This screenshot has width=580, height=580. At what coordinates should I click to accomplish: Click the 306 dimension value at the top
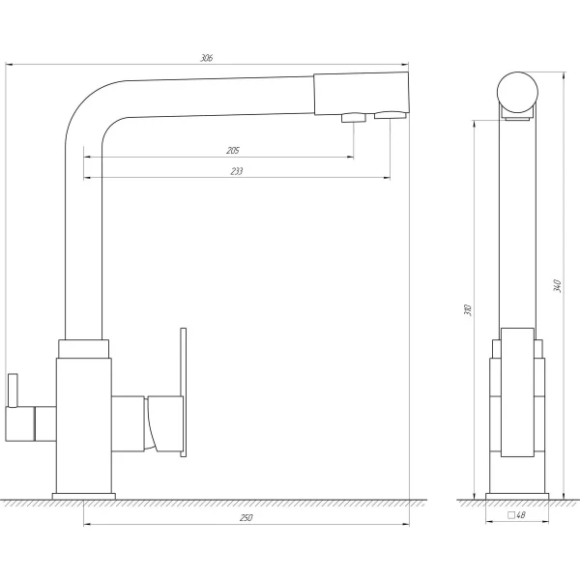(207, 58)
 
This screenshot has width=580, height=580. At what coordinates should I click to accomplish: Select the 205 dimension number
(233, 151)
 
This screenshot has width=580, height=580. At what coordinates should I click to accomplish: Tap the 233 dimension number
(237, 171)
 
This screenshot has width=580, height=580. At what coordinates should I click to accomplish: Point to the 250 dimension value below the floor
(246, 518)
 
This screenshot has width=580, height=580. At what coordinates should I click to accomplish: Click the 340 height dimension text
(557, 286)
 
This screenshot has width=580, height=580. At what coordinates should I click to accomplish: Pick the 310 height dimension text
(468, 310)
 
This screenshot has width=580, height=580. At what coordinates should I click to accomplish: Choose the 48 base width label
(520, 515)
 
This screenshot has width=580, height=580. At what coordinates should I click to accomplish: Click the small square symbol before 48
(511, 515)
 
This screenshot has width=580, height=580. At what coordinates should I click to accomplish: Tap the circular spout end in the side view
(517, 92)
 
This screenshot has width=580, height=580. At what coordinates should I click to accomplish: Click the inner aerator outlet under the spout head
(354, 118)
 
